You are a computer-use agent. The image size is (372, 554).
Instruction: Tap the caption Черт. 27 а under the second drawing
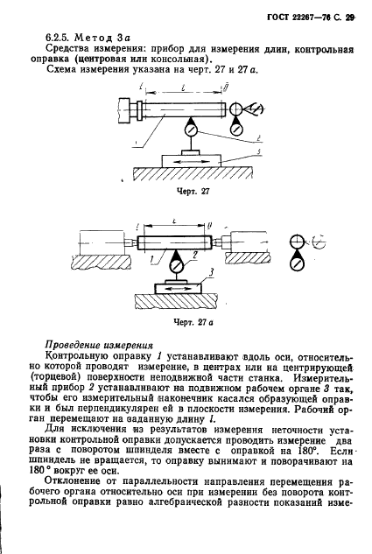click(x=190, y=321)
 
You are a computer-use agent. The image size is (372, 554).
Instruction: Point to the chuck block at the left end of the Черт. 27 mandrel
click(x=130, y=109)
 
